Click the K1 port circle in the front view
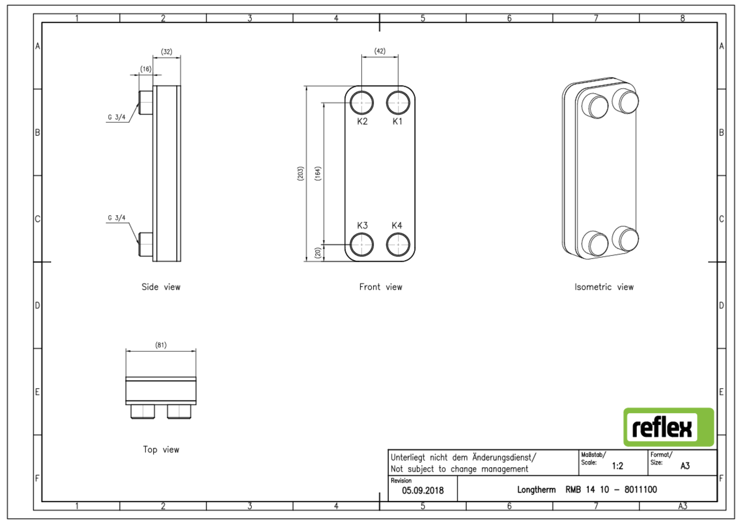[x=398, y=103]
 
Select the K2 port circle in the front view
[x=362, y=103]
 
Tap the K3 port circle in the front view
[x=362, y=244]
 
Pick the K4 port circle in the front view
[x=398, y=244]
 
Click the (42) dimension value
[x=379, y=51]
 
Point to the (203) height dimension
[x=300, y=174]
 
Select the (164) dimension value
[x=318, y=174]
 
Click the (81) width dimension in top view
[x=161, y=345]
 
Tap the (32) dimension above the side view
[x=167, y=52]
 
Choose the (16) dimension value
[x=145, y=69]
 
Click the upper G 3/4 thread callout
[x=117, y=117]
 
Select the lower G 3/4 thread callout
[x=117, y=218]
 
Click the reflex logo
[x=668, y=427]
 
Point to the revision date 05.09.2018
[x=422, y=490]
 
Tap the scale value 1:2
[x=617, y=466]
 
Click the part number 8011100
[x=641, y=489]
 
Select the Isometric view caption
[x=603, y=287]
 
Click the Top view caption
[x=161, y=449]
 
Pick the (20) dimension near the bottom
[x=318, y=253]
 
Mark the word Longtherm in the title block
[x=536, y=489]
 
